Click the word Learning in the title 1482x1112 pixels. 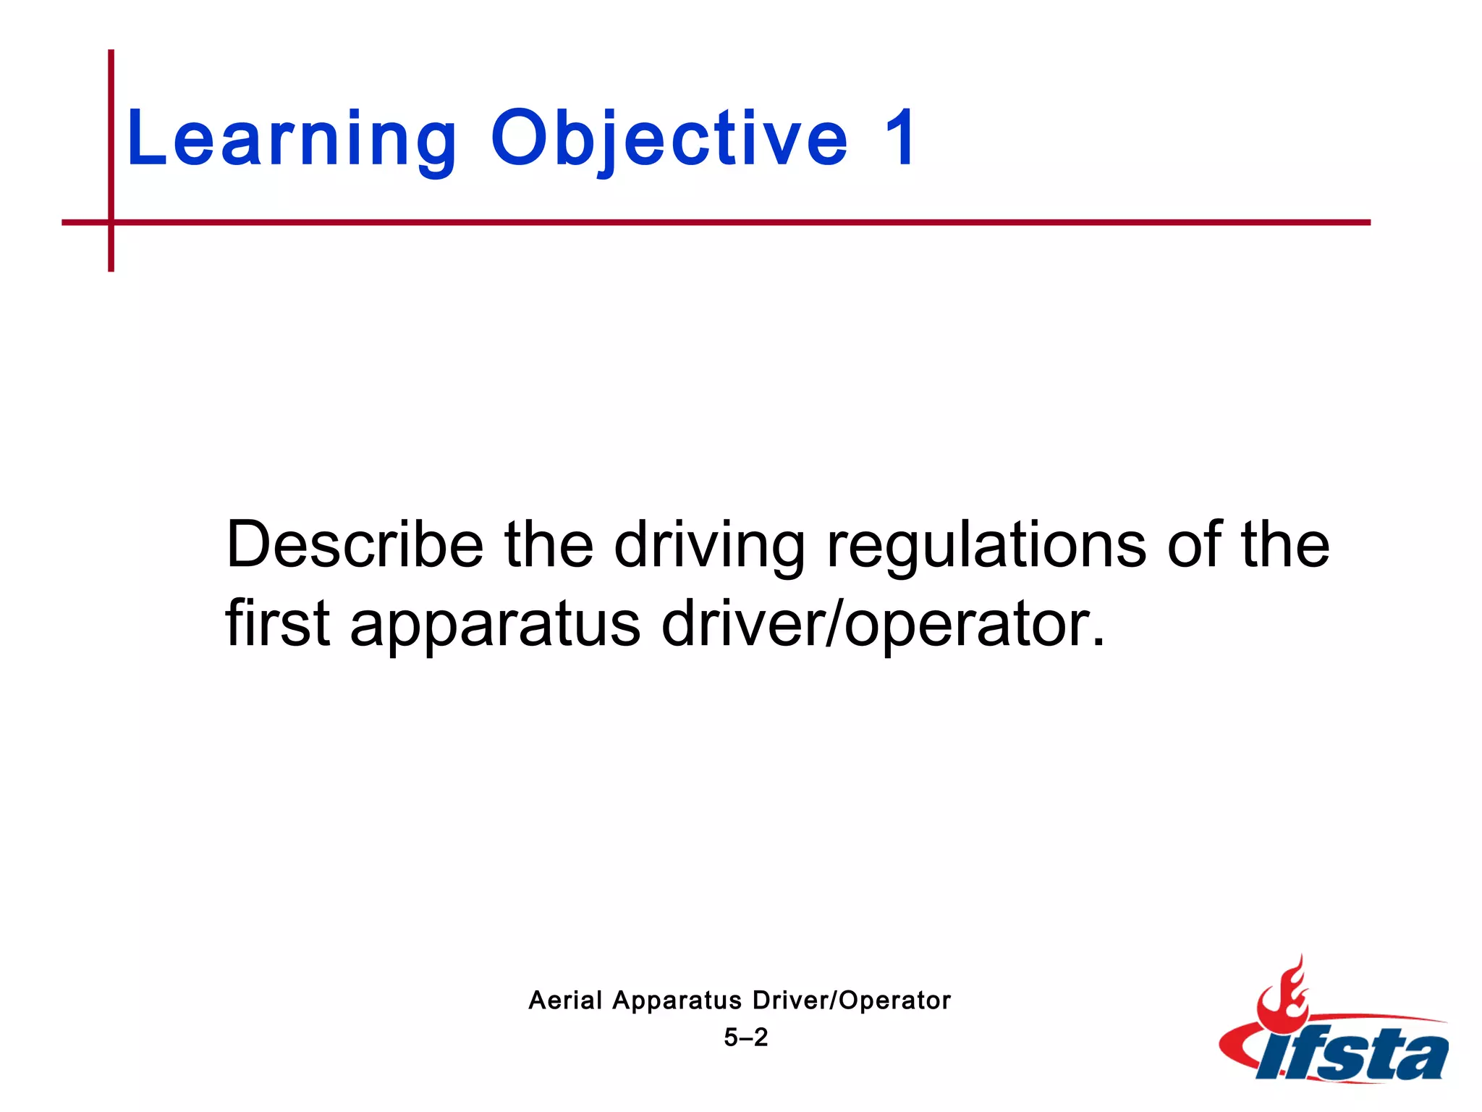click(x=291, y=139)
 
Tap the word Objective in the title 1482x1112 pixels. click(x=669, y=139)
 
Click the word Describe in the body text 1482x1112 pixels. click(x=355, y=544)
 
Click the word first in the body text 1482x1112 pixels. click(x=278, y=623)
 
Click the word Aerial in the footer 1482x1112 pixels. click(x=565, y=1001)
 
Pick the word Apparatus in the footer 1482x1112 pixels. click(x=677, y=1001)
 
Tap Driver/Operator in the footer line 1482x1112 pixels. click(x=851, y=1001)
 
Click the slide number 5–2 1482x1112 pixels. click(x=745, y=1037)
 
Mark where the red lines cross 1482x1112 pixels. click(x=111, y=222)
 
